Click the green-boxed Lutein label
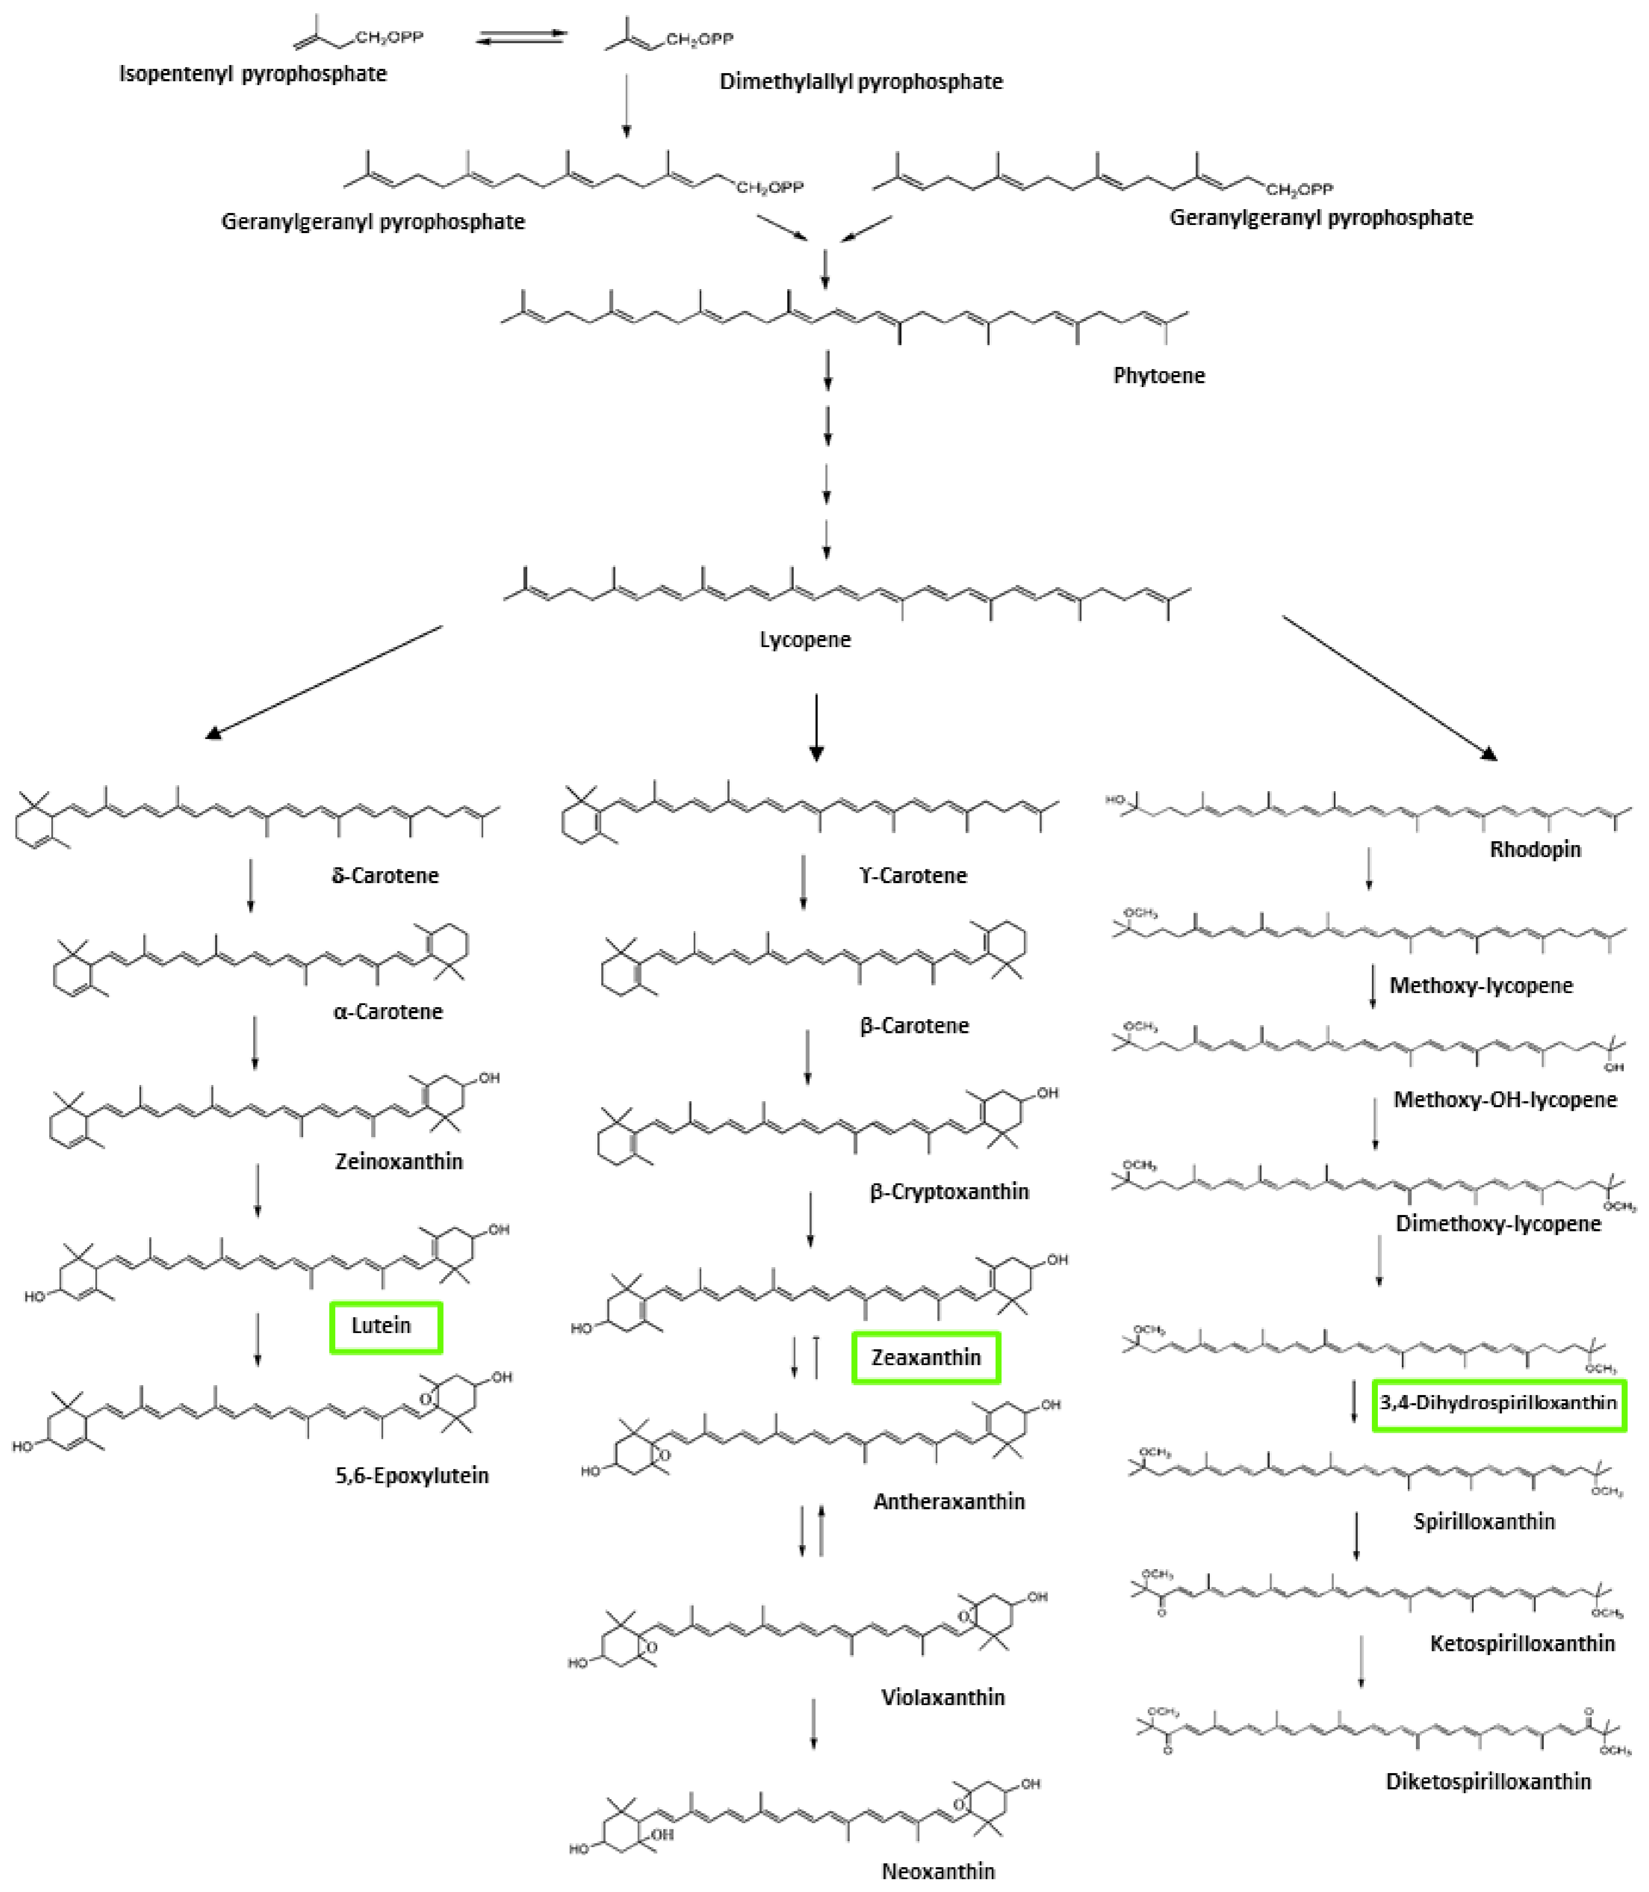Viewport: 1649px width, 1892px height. (386, 1326)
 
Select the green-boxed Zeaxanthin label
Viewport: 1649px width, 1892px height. (926, 1357)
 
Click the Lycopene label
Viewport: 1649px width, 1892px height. (805, 639)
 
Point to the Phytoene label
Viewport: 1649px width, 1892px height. (1158, 375)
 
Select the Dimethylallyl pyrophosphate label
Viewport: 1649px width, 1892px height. (860, 82)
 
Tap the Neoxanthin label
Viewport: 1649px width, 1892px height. (938, 1871)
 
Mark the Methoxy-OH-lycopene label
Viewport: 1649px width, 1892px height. (1504, 1100)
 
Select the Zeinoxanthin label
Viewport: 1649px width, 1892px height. (399, 1162)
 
